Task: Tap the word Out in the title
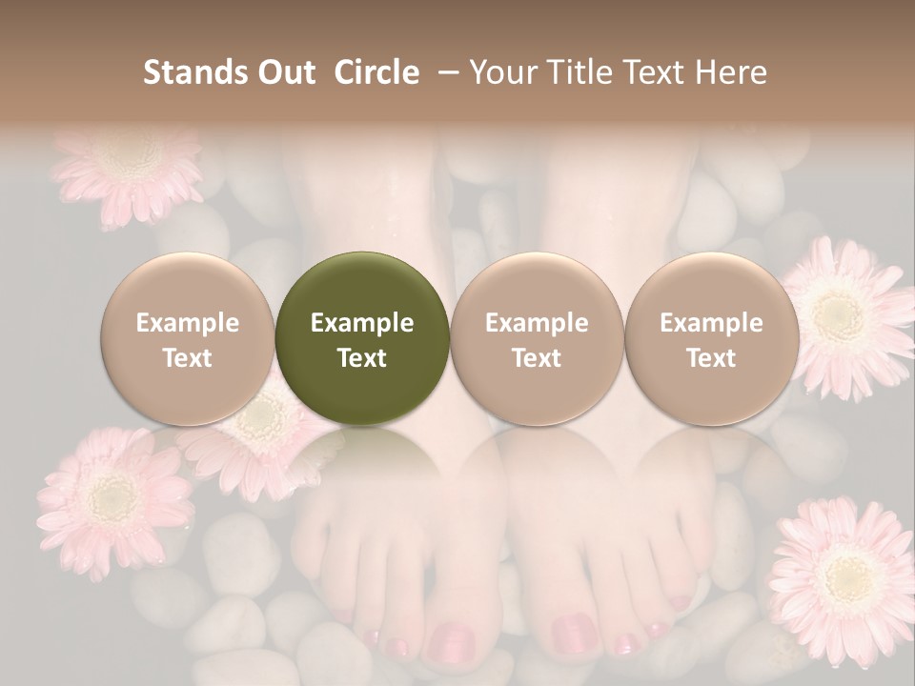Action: click(x=285, y=72)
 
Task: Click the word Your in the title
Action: click(x=500, y=72)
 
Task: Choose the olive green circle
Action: click(x=362, y=338)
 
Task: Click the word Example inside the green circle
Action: click(x=362, y=323)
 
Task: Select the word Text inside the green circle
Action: click(x=362, y=358)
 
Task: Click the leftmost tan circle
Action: click(x=187, y=338)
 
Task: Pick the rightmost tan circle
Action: click(x=711, y=338)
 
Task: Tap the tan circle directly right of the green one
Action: click(x=537, y=338)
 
